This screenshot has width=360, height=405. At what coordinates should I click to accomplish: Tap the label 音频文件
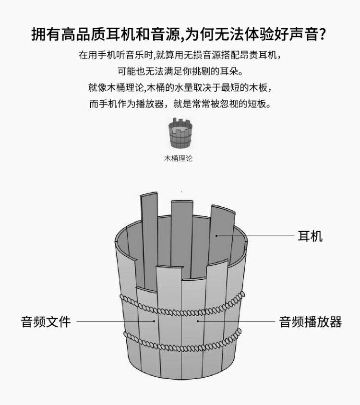click(x=46, y=322)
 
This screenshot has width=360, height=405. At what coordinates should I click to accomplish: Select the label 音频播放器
click(x=311, y=322)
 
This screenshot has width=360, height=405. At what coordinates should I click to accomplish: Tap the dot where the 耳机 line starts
click(x=217, y=236)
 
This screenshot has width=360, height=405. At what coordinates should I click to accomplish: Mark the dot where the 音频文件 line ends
click(x=155, y=322)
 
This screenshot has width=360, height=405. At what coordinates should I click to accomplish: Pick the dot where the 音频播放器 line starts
click(x=197, y=322)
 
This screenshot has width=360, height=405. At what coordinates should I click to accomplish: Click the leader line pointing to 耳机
click(x=254, y=236)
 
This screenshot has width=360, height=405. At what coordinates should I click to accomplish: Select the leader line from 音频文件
click(x=115, y=322)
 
